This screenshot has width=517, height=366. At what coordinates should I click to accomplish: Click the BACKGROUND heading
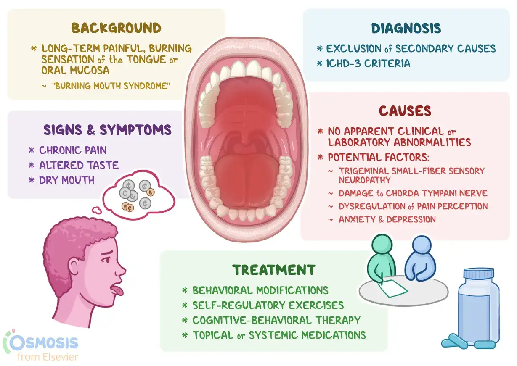click(117, 28)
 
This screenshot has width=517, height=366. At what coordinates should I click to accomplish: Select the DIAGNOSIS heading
click(406, 28)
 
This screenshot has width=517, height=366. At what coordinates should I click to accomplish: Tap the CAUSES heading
click(405, 111)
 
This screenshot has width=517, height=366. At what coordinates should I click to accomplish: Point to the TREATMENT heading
click(274, 270)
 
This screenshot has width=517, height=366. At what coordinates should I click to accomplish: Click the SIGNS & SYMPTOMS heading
click(108, 130)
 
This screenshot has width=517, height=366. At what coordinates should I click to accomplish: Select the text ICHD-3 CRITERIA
click(368, 63)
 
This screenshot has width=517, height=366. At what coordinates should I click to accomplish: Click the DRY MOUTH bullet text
click(67, 180)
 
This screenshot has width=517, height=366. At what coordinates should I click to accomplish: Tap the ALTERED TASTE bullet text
click(79, 165)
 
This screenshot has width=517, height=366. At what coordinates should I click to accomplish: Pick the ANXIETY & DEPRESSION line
click(387, 219)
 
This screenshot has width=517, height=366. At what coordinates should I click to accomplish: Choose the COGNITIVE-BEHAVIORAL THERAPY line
click(276, 320)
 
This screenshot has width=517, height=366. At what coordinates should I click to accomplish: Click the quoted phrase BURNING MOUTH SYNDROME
click(111, 86)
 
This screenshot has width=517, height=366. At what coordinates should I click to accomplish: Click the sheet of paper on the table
click(392, 289)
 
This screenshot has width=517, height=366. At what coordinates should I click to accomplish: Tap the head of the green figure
click(382, 244)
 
